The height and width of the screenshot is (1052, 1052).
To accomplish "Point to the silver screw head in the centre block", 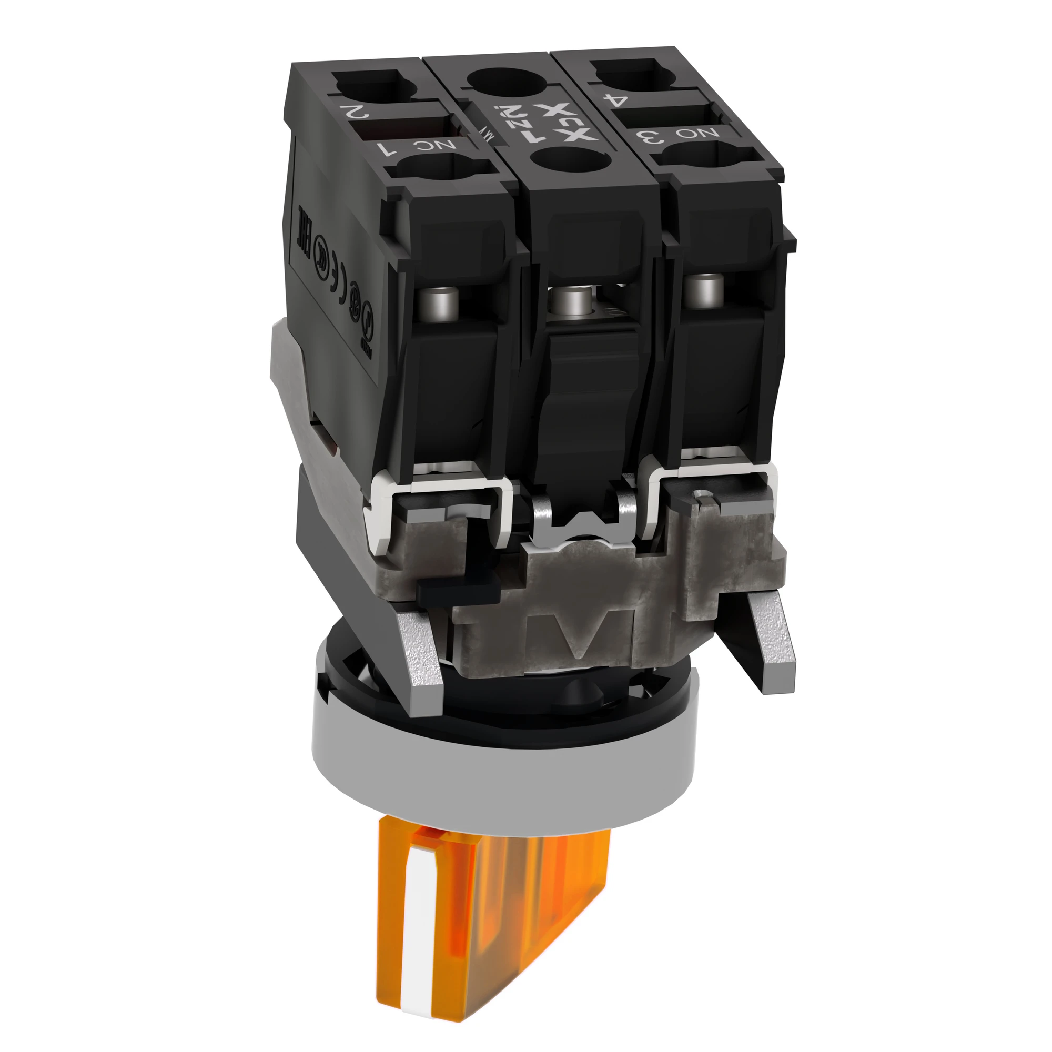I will [x=568, y=298].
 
